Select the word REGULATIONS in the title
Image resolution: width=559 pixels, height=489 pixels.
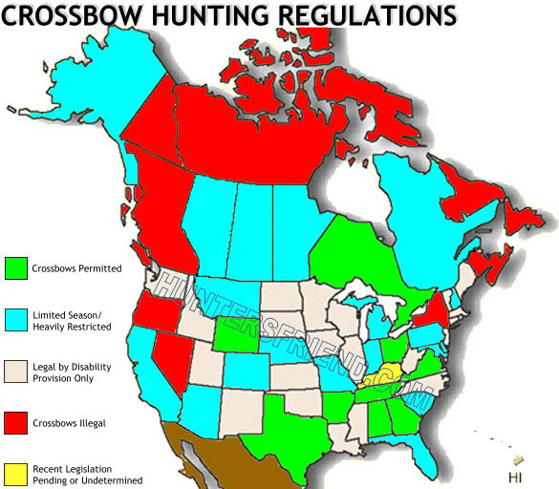[x=374, y=16]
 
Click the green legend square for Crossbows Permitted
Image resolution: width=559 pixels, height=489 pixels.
[x=15, y=267]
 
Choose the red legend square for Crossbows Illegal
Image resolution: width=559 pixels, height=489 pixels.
[x=15, y=420]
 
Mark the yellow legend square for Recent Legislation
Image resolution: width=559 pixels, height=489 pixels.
[x=15, y=473]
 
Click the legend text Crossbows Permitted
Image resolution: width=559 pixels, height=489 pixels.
[x=76, y=268]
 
